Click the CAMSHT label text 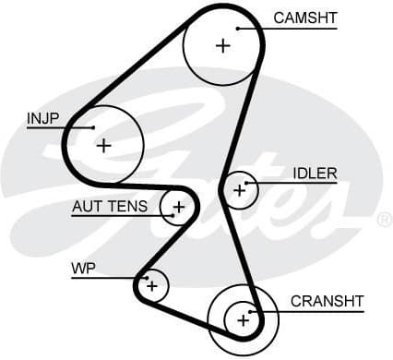click(x=305, y=18)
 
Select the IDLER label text click(x=315, y=173)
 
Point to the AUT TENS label click(x=109, y=206)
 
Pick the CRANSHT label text click(x=327, y=301)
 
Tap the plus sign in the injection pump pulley click(x=103, y=145)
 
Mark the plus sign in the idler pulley click(x=240, y=190)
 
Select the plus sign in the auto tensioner click(x=178, y=207)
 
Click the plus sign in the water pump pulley click(x=152, y=286)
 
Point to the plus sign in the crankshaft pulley click(x=244, y=319)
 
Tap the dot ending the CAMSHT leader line click(x=237, y=29)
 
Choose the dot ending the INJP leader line click(x=93, y=127)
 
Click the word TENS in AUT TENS click(x=128, y=206)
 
